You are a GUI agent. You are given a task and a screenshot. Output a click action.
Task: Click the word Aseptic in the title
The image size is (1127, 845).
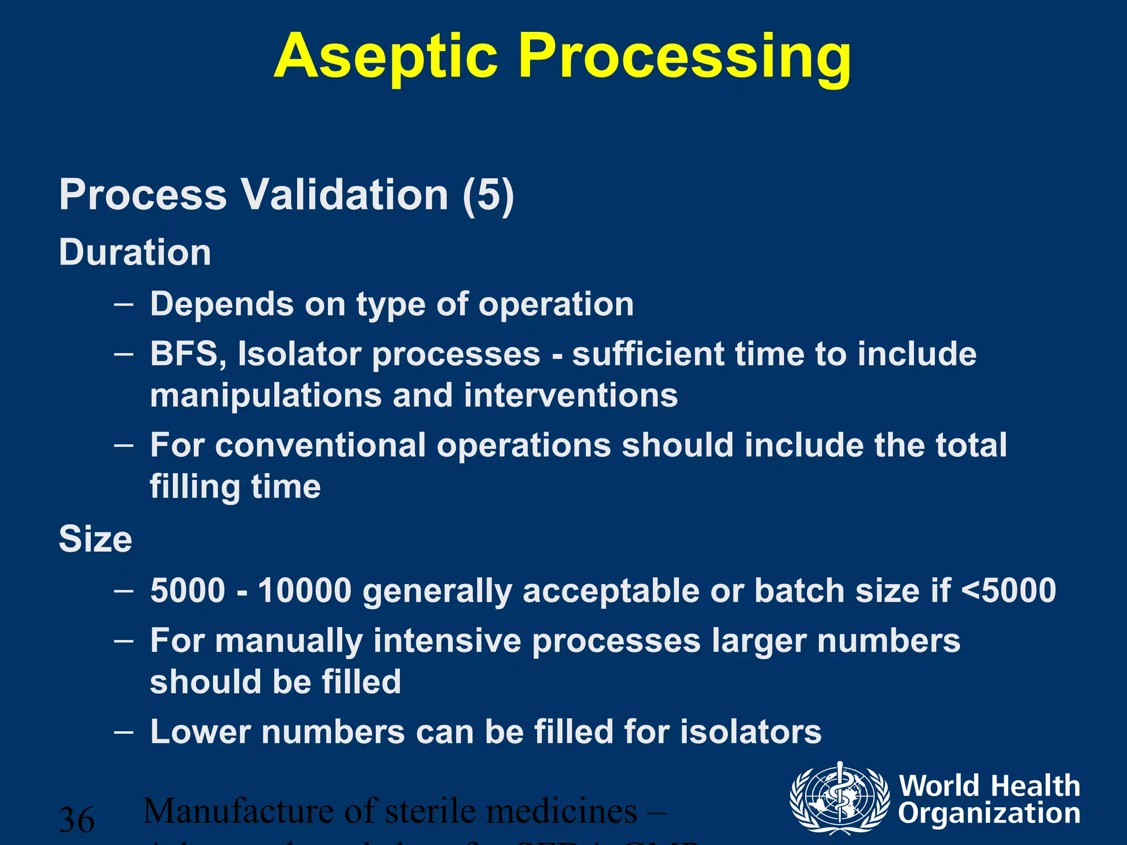tap(385, 56)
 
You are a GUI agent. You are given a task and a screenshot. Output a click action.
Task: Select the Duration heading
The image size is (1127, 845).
tap(135, 253)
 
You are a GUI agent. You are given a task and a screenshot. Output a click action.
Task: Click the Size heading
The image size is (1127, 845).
tap(95, 539)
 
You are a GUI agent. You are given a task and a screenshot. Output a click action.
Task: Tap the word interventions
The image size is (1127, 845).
tap(571, 396)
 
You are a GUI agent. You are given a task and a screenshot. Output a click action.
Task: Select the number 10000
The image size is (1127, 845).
tap(304, 590)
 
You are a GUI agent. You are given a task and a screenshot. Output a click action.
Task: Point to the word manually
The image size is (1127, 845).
tap(289, 641)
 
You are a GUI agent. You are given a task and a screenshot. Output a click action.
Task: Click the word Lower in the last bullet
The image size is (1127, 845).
tap(200, 732)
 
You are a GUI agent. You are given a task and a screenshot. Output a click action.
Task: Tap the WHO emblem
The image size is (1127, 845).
tap(839, 797)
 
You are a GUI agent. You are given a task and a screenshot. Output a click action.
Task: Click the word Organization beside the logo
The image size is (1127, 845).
tap(989, 813)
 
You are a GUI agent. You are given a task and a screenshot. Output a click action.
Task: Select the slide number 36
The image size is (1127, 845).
tap(76, 820)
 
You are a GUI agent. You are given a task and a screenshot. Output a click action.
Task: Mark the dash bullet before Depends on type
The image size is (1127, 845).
tap(124, 304)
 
